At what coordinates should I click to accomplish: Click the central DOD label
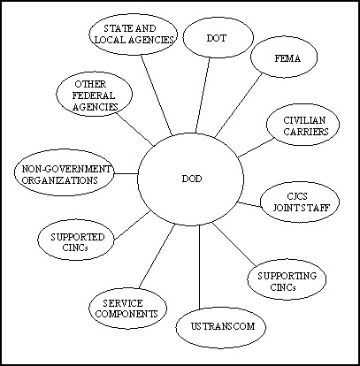(192, 179)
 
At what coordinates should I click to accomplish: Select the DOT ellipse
(218, 38)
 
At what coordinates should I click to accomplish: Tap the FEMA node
(284, 57)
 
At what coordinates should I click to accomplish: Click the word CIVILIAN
(304, 120)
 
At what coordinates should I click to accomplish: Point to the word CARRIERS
(306, 132)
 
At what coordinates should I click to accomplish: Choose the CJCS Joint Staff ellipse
(300, 202)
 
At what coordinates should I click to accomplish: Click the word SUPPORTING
(287, 276)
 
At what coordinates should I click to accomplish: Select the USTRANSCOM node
(221, 327)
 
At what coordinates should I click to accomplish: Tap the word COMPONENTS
(126, 314)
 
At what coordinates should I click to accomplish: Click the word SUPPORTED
(78, 237)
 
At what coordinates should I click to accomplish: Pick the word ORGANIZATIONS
(60, 180)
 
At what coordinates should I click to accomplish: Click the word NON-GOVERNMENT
(66, 169)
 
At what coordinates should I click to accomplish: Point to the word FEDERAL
(94, 95)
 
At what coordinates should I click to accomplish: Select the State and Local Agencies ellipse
(134, 34)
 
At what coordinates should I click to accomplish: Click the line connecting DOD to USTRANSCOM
(199, 267)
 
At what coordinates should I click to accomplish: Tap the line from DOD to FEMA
(239, 105)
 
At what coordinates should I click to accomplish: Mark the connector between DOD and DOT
(203, 95)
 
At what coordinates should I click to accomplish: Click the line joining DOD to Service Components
(157, 256)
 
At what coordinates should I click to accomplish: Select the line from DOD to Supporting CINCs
(234, 244)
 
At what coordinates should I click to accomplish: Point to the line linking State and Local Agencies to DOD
(157, 95)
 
